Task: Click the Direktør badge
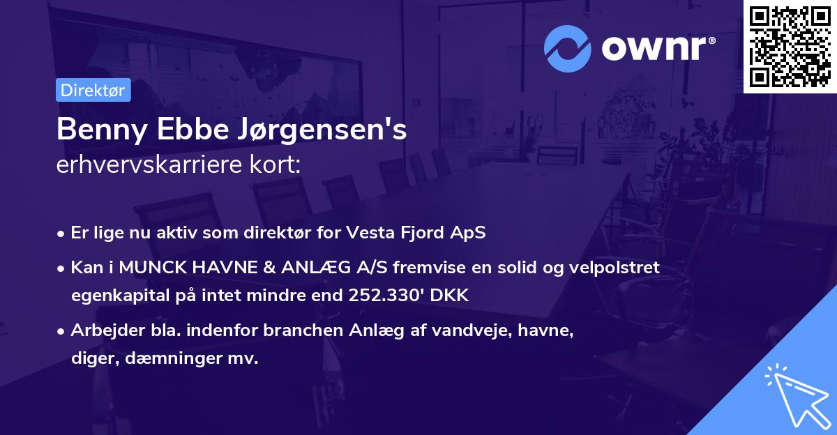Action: click(x=93, y=90)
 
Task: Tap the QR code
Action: click(x=790, y=47)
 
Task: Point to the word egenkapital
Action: click(x=112, y=296)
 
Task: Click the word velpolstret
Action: click(x=614, y=267)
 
